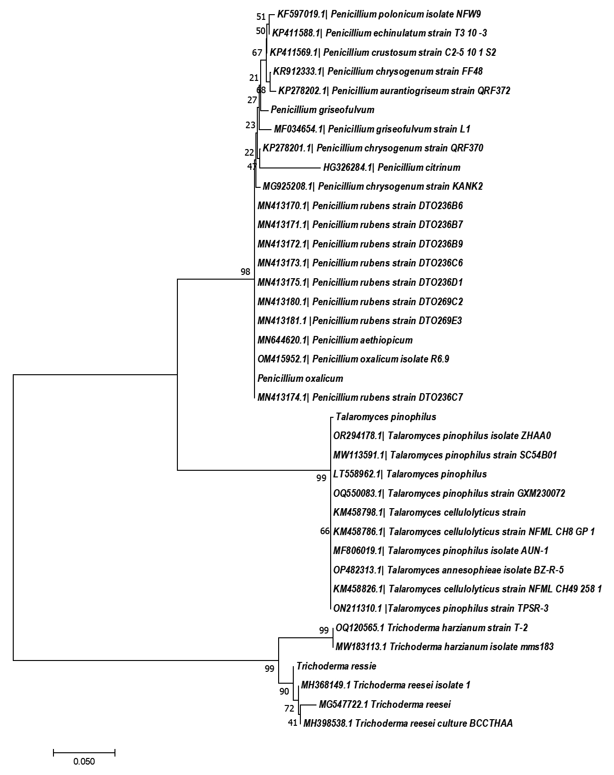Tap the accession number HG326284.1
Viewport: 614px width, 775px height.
(x=347, y=167)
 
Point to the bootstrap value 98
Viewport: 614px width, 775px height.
(x=245, y=272)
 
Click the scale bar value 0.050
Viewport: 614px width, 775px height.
(x=84, y=761)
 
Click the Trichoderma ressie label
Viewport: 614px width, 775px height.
(x=336, y=666)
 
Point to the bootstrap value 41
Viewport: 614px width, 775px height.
(x=292, y=723)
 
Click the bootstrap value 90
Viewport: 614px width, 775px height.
(x=284, y=691)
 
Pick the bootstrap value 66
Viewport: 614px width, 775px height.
(x=325, y=531)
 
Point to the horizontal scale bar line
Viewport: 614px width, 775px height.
(x=84, y=753)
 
